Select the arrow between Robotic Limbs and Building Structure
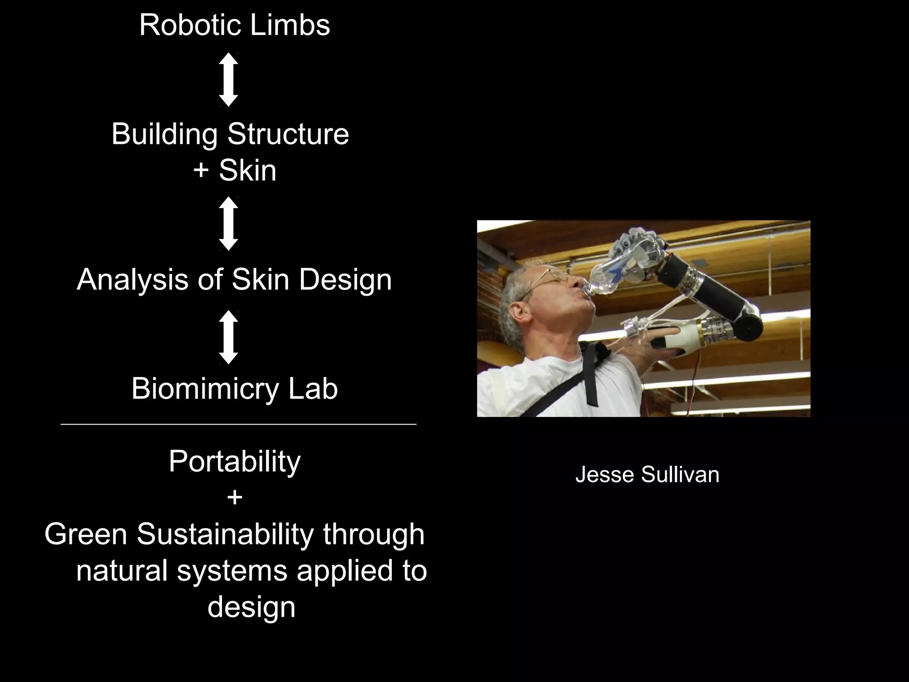[x=229, y=79]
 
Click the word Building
[x=164, y=134]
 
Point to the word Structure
[x=288, y=134]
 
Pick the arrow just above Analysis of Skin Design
[x=229, y=223]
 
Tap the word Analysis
[x=132, y=280]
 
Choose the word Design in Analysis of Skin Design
[x=345, y=280]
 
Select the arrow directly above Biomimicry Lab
[x=229, y=337]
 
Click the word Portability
[x=234, y=461]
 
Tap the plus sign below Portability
[x=234, y=498]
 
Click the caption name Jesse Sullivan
[x=647, y=475]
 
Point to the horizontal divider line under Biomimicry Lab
[x=238, y=424]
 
